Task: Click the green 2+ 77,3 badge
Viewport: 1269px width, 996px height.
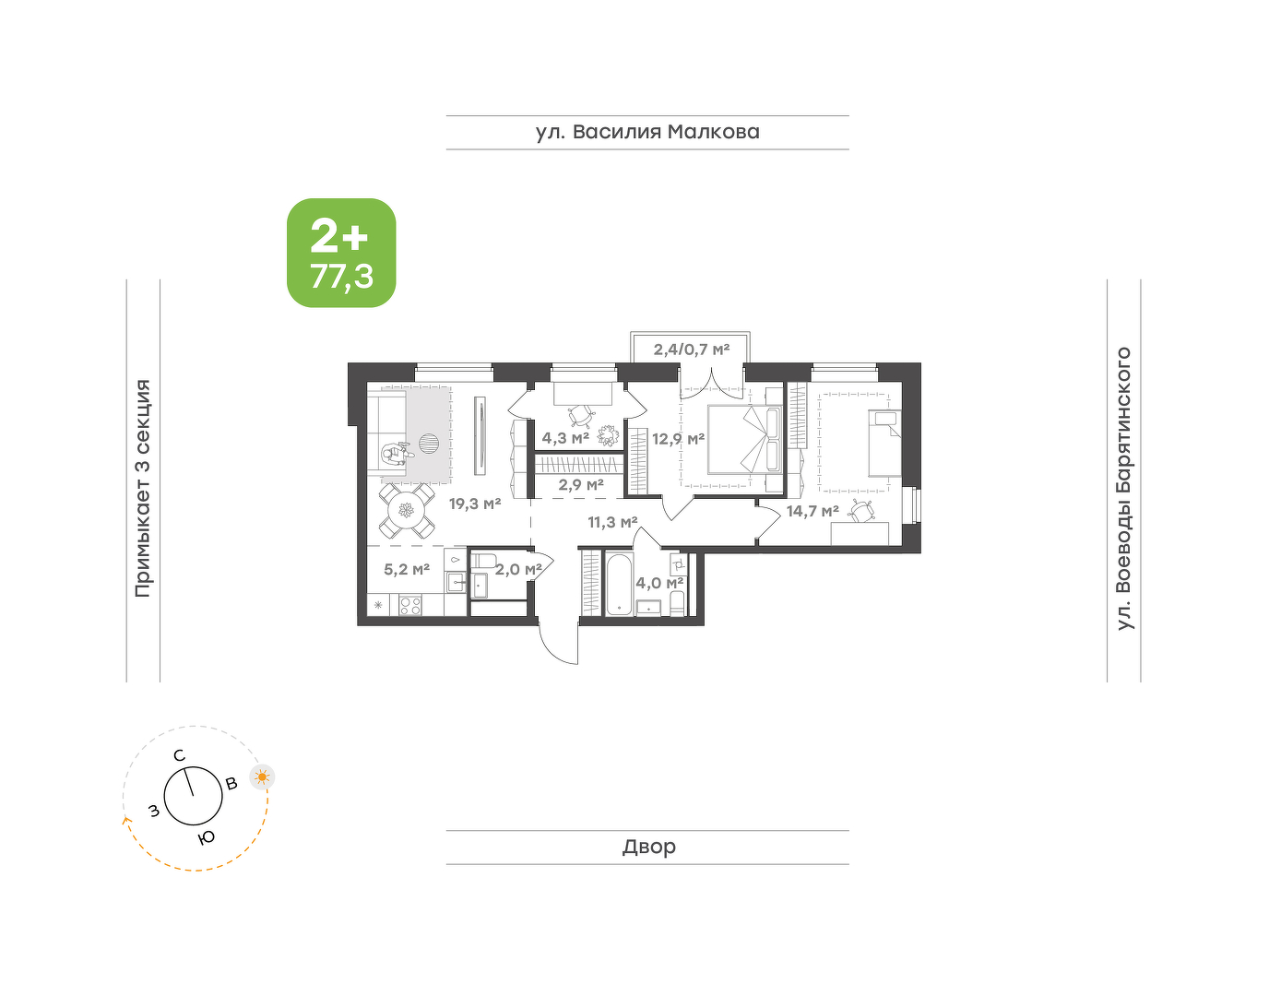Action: tap(341, 253)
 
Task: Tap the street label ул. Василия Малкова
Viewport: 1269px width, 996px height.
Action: tap(647, 132)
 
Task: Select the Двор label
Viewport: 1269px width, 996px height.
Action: tap(649, 846)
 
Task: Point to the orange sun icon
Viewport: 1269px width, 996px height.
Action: tap(262, 777)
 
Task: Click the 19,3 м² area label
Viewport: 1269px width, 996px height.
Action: tap(475, 504)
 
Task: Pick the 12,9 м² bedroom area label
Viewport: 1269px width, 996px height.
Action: tap(678, 438)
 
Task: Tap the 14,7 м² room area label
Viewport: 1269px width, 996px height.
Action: tap(812, 511)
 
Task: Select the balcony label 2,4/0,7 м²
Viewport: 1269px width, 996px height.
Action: tap(692, 350)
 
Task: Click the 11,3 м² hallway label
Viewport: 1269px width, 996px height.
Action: tap(612, 521)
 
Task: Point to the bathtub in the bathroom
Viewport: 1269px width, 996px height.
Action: tap(619, 583)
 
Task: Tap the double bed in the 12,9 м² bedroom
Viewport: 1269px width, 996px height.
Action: tap(744, 438)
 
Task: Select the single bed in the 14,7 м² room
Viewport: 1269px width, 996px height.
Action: tap(884, 443)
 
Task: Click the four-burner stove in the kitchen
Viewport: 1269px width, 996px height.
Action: tap(409, 604)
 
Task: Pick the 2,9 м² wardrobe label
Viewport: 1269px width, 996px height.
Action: tap(580, 484)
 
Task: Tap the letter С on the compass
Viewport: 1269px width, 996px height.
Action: tap(179, 755)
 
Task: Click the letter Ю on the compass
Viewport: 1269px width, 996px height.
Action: tap(206, 838)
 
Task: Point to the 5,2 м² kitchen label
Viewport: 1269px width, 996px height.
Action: tap(407, 569)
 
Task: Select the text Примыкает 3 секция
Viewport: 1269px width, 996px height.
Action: tap(143, 489)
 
